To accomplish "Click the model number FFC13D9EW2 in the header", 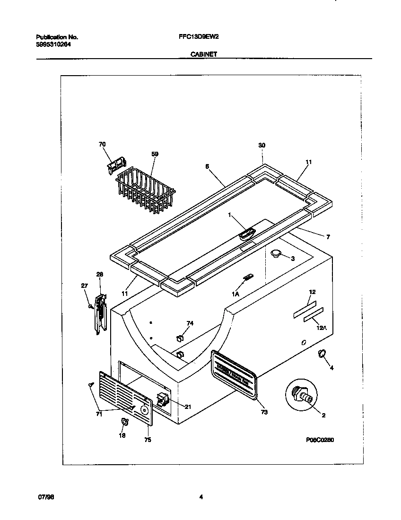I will pyautogui.click(x=199, y=36).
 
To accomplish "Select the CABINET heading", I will pyautogui.click(x=204, y=54).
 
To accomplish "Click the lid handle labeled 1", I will pyautogui.click(x=246, y=233).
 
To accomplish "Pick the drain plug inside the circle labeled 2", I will pyautogui.click(x=303, y=395).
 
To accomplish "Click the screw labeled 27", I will pyautogui.click(x=89, y=306).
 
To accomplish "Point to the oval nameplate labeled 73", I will pyautogui.click(x=234, y=372).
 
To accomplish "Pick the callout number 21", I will pyautogui.click(x=188, y=407).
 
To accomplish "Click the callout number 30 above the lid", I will pyautogui.click(x=262, y=146).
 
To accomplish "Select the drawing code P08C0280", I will pyautogui.click(x=320, y=439).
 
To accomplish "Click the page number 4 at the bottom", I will pyautogui.click(x=200, y=496).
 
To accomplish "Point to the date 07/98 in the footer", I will pyautogui.click(x=44, y=497).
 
